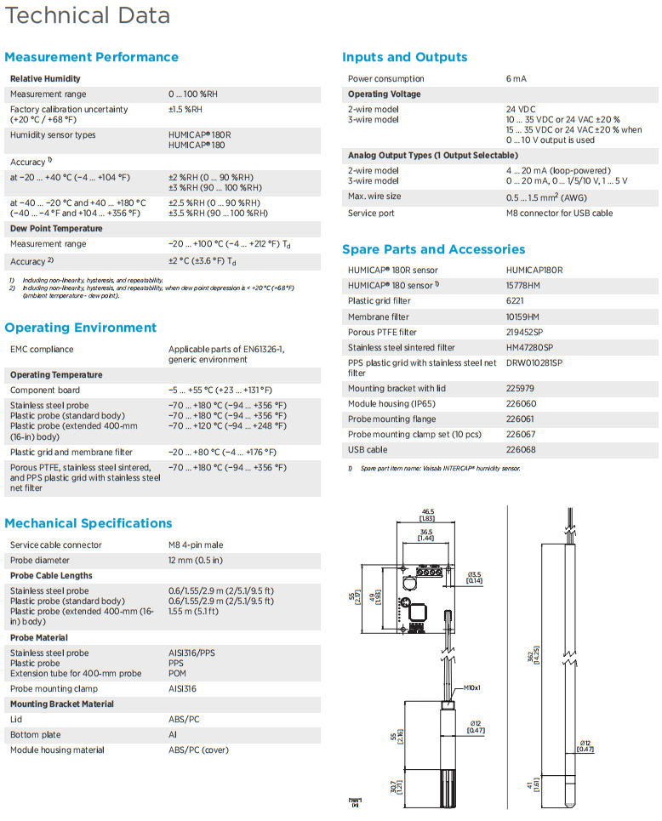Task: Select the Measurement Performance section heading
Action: tap(91, 57)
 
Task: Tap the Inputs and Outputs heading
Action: tap(404, 57)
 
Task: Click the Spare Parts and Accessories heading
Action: tap(433, 249)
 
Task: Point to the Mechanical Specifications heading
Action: tap(88, 523)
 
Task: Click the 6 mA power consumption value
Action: tap(516, 79)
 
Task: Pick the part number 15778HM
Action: tap(523, 286)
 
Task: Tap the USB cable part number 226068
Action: tap(521, 450)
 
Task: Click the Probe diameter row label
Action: tap(39, 561)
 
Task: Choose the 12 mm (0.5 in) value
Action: tap(196, 561)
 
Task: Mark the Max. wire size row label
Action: tap(374, 197)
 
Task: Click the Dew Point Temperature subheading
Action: tap(56, 229)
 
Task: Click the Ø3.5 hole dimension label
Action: tap(475, 574)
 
